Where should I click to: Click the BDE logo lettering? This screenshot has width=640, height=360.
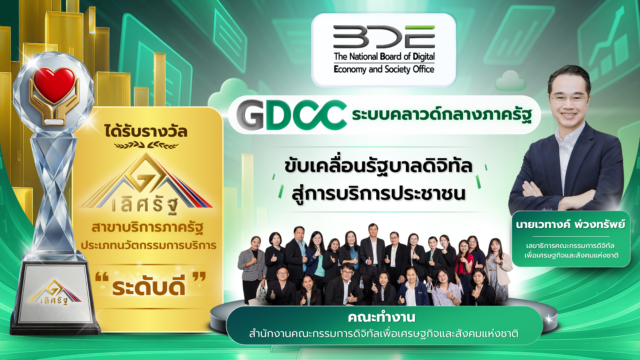(384, 37)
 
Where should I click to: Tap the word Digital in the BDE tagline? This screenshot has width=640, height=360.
(424, 57)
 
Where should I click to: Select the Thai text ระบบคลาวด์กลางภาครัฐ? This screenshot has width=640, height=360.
(442, 115)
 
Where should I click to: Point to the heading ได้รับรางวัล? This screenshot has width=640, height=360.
(146, 131)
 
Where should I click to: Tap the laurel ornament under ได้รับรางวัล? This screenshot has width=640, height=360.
(146, 145)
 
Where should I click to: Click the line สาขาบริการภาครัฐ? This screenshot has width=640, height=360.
(147, 228)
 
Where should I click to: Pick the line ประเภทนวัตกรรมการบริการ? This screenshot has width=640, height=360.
(149, 246)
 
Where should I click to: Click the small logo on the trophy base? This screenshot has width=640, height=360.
(54, 292)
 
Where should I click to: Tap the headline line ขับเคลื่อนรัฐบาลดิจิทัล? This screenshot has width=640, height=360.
(378, 166)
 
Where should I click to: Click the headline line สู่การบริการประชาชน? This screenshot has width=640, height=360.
(378, 193)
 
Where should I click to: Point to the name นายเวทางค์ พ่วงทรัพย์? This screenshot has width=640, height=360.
(570, 224)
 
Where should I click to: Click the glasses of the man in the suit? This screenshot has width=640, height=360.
(569, 98)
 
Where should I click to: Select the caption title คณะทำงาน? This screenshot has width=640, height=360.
(382, 317)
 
